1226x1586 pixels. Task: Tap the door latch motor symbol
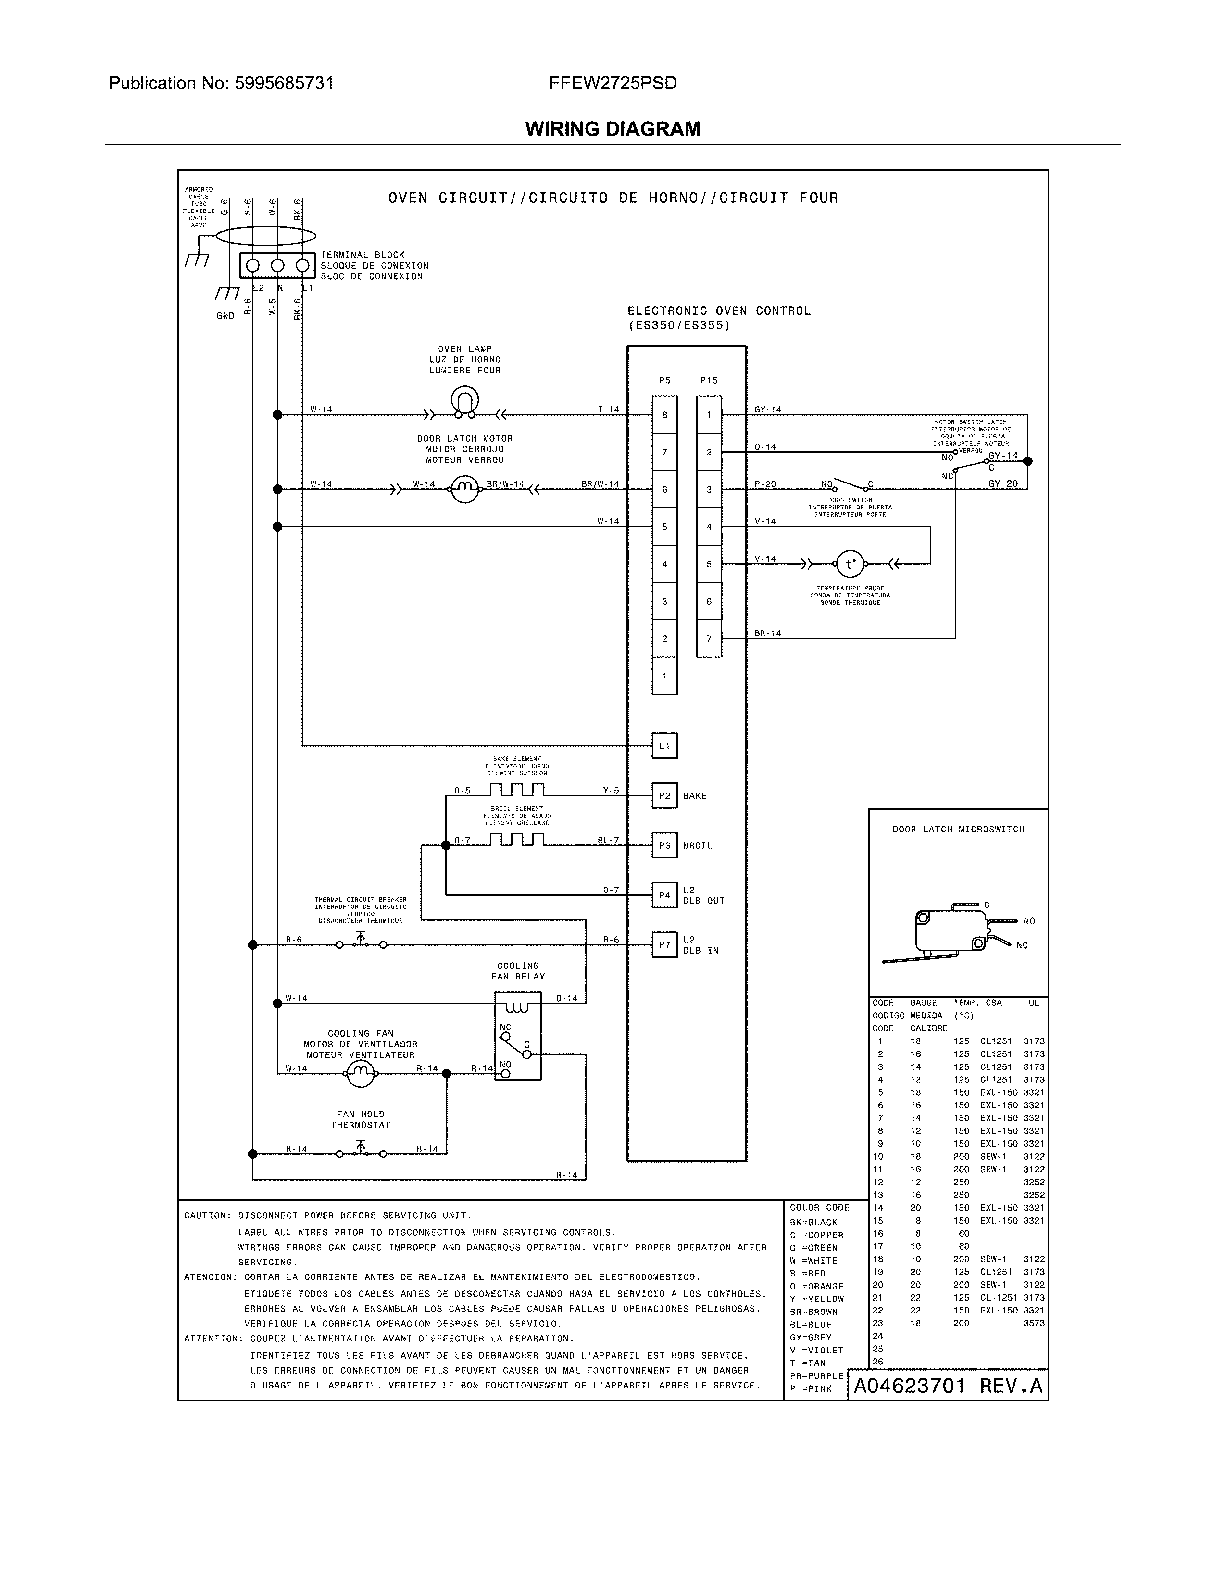[465, 489]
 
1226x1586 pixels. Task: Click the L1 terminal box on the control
[664, 746]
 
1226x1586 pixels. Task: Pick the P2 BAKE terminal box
[664, 795]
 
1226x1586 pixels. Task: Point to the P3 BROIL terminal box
[664, 845]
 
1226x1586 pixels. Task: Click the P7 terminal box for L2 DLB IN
[664, 945]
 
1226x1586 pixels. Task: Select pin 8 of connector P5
[664, 415]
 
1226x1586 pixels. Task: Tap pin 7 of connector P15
[709, 638]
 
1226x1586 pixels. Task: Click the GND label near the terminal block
[225, 316]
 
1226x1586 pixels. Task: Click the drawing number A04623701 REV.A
[948, 1386]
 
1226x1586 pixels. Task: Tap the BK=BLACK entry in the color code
[813, 1222]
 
